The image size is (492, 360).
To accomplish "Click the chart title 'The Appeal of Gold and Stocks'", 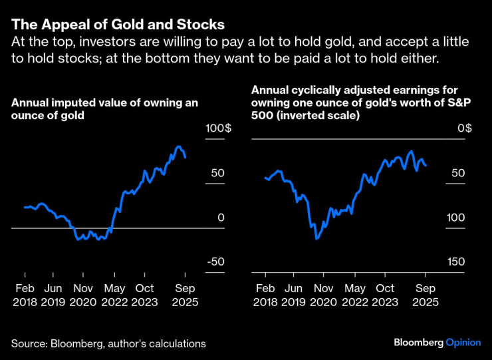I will tap(117, 25).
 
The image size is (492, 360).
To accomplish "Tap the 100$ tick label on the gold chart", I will tap(219, 128).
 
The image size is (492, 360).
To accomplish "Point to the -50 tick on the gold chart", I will tap(215, 262).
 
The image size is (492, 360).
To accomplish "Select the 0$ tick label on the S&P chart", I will tap(464, 128).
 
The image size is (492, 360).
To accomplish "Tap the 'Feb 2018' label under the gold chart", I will tap(25, 295).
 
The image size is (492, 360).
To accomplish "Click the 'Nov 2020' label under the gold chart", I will tap(83, 295).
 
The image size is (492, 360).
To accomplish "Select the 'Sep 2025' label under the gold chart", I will tap(185, 295).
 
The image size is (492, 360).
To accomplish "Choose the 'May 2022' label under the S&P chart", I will tap(356, 295).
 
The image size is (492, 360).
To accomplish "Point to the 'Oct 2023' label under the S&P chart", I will tap(385, 295).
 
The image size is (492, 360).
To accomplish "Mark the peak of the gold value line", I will tap(178, 146).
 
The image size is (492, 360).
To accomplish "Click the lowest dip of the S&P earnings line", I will tap(316, 238).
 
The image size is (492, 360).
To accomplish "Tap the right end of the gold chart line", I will tap(185, 158).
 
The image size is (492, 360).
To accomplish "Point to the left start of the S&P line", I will tap(265, 178).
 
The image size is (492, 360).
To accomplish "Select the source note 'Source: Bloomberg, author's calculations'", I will tap(108, 343).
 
